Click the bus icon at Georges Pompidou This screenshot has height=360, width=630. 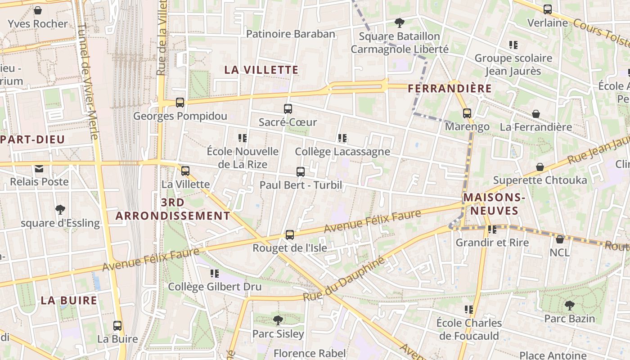click(x=180, y=103)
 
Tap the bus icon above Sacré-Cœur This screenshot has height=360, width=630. click(x=288, y=108)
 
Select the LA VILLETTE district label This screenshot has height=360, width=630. click(x=261, y=70)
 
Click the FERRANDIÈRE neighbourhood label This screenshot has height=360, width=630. click(x=450, y=89)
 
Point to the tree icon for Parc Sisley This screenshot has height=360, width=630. click(x=278, y=320)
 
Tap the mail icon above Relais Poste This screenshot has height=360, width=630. click(x=39, y=169)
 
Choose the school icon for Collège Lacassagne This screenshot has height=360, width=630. click(x=342, y=138)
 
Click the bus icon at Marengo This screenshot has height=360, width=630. click(x=467, y=113)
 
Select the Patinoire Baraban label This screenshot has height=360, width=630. click(x=291, y=34)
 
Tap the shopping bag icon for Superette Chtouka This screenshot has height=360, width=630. click(x=540, y=167)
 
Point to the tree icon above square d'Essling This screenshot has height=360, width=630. click(x=60, y=209)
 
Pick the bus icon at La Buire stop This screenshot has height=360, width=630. click(x=117, y=325)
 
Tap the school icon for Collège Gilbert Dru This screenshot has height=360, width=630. click(x=215, y=273)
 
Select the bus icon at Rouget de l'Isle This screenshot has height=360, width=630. click(x=290, y=234)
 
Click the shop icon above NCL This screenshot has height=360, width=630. click(x=559, y=239)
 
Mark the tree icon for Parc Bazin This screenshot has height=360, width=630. click(x=569, y=305)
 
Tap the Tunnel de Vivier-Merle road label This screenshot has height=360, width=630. click(x=88, y=81)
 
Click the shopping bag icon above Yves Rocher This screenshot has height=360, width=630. click(x=38, y=10)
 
